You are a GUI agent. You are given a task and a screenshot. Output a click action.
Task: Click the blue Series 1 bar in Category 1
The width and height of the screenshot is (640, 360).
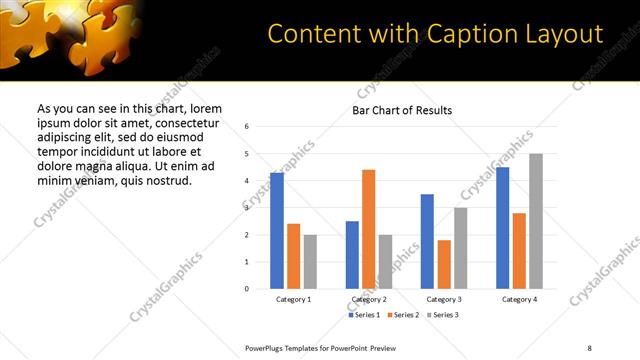[277, 231]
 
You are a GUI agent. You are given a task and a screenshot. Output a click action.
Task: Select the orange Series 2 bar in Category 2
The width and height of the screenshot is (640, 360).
[369, 229]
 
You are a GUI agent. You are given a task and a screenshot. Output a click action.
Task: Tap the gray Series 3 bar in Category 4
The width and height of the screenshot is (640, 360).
[536, 221]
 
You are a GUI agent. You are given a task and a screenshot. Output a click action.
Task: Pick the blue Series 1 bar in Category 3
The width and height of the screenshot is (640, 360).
[427, 241]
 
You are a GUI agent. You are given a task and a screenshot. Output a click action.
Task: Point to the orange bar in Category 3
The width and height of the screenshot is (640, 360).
[444, 264]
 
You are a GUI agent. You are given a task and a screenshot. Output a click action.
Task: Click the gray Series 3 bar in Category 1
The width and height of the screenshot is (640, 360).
[310, 262]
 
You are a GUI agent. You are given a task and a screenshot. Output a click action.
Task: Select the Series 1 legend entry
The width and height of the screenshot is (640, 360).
[364, 315]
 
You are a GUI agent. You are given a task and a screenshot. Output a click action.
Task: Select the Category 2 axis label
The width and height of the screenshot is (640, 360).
[369, 300]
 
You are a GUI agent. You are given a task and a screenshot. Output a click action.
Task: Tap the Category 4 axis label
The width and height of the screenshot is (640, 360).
[519, 300]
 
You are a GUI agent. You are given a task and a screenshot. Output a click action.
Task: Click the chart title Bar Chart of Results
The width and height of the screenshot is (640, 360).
[402, 110]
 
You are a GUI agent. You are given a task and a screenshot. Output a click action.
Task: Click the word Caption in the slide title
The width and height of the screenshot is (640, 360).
[451, 34]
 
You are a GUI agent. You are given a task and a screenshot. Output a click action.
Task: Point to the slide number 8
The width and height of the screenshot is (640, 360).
[589, 347]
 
